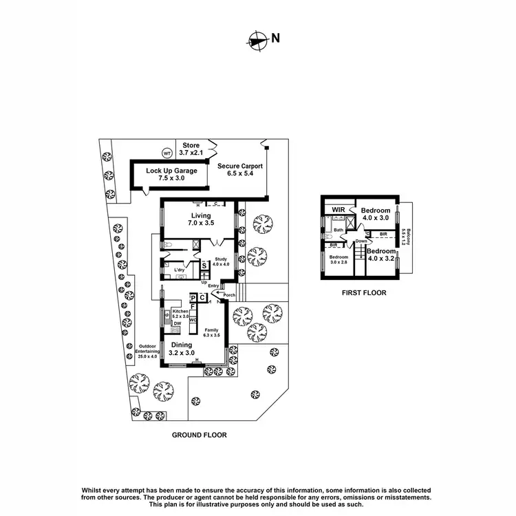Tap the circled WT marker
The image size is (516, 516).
click(x=166, y=153)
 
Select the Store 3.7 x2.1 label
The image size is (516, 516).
click(x=189, y=149)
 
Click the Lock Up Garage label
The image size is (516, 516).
click(x=171, y=175)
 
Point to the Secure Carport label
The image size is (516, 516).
click(x=240, y=170)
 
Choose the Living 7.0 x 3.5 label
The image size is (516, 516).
click(x=202, y=219)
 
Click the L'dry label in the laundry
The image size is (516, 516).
click(x=180, y=270)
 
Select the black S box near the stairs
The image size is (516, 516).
click(x=204, y=265)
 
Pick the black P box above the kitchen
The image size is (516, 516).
click(x=193, y=297)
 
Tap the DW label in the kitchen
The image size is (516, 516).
click(x=177, y=323)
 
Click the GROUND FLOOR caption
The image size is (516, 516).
click(x=199, y=436)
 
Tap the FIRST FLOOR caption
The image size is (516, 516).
click(x=364, y=292)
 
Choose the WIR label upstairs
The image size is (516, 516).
click(x=338, y=210)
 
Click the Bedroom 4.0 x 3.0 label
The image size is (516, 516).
click(x=376, y=214)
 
